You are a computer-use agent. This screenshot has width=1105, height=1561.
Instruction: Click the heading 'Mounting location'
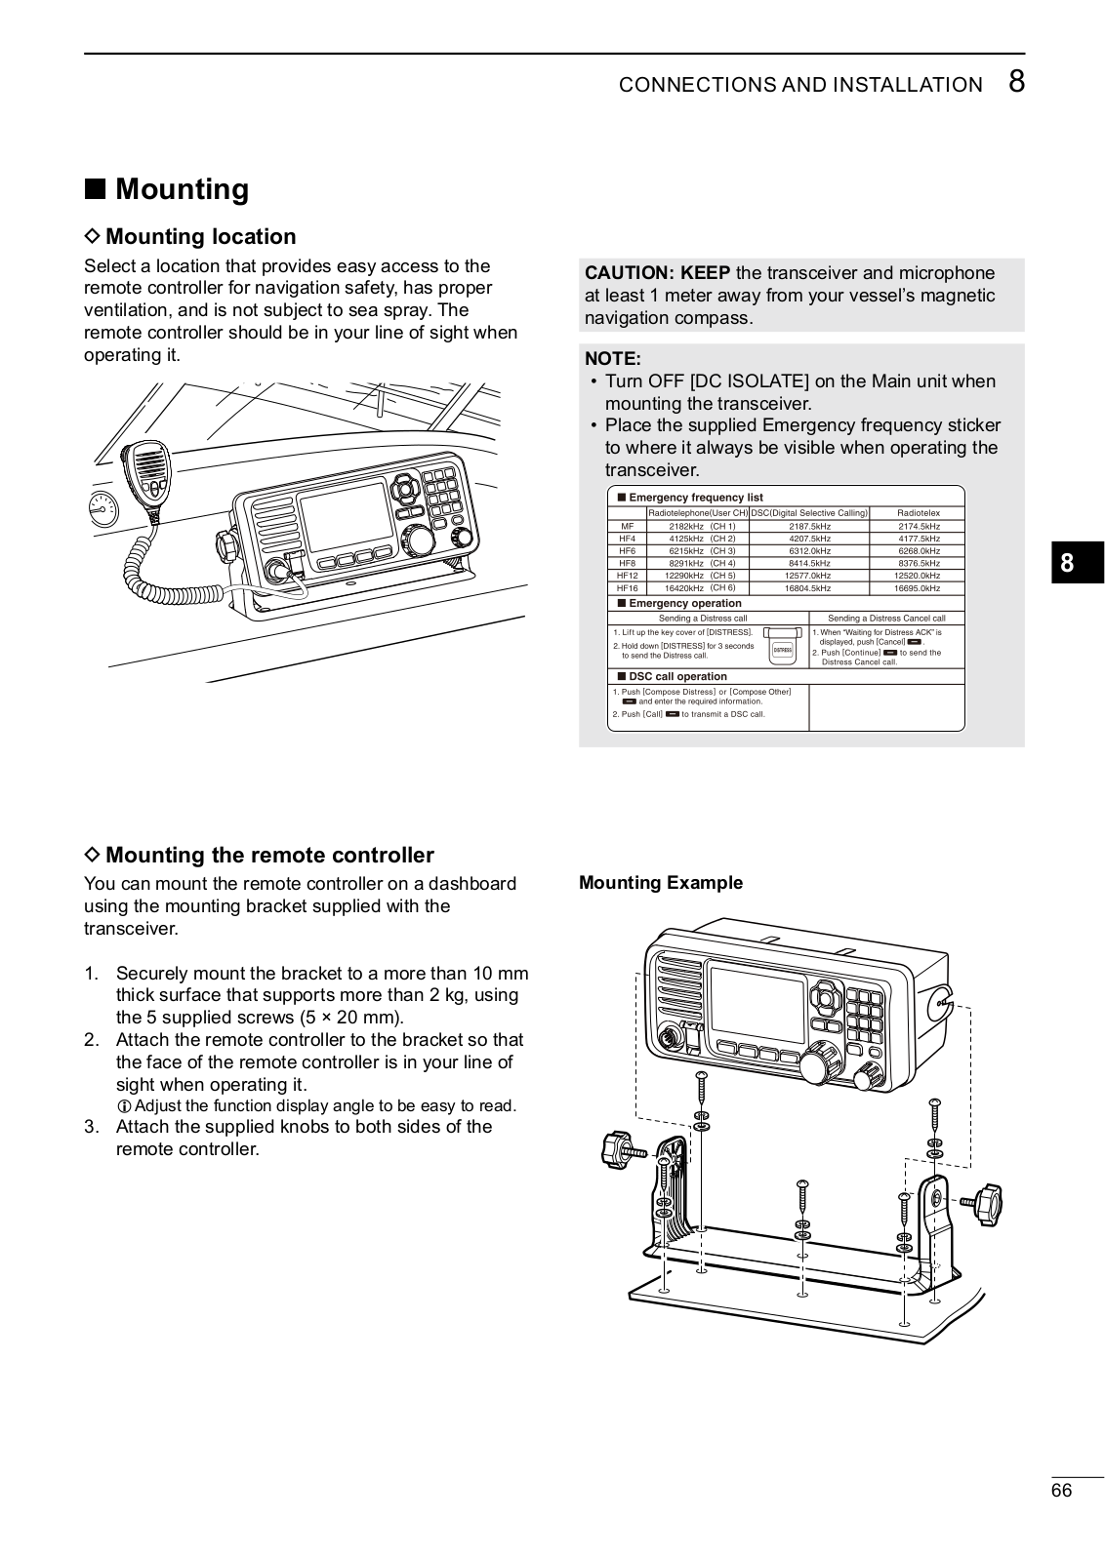(200, 237)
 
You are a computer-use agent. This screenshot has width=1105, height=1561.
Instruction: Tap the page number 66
(1061, 1491)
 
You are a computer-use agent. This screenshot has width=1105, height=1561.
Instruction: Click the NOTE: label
(613, 358)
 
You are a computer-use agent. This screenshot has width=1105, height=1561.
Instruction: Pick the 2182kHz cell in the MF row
(686, 527)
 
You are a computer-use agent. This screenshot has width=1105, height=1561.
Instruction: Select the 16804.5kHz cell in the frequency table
(808, 589)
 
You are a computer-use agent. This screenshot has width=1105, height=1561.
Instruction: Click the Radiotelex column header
(918, 513)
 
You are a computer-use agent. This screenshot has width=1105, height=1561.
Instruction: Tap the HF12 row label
(628, 577)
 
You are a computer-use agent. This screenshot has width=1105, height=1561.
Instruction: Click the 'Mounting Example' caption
(661, 883)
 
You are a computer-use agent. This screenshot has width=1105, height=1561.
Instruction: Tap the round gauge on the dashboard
(102, 507)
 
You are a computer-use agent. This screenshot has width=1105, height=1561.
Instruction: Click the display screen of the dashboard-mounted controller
(345, 516)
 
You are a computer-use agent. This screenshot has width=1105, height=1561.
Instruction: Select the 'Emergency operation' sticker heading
(684, 604)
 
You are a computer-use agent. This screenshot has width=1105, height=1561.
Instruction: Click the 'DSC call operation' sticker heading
(677, 677)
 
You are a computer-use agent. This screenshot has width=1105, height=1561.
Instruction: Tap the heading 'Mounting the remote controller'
(269, 856)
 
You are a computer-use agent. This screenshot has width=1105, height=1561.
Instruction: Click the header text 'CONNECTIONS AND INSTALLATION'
(800, 85)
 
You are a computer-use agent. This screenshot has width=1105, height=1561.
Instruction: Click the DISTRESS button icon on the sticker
(782, 649)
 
